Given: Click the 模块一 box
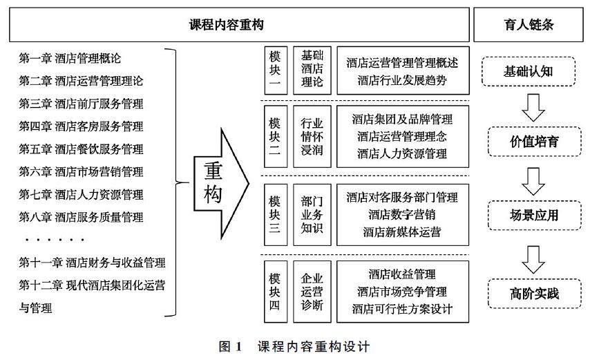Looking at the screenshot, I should [275, 70].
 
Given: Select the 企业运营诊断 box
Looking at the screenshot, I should [312, 290].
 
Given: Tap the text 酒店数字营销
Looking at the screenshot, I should [401, 214].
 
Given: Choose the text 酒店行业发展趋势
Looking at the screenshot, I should [402, 80].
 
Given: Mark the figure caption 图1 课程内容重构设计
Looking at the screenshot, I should [295, 345].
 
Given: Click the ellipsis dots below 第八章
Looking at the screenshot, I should [54, 240].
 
